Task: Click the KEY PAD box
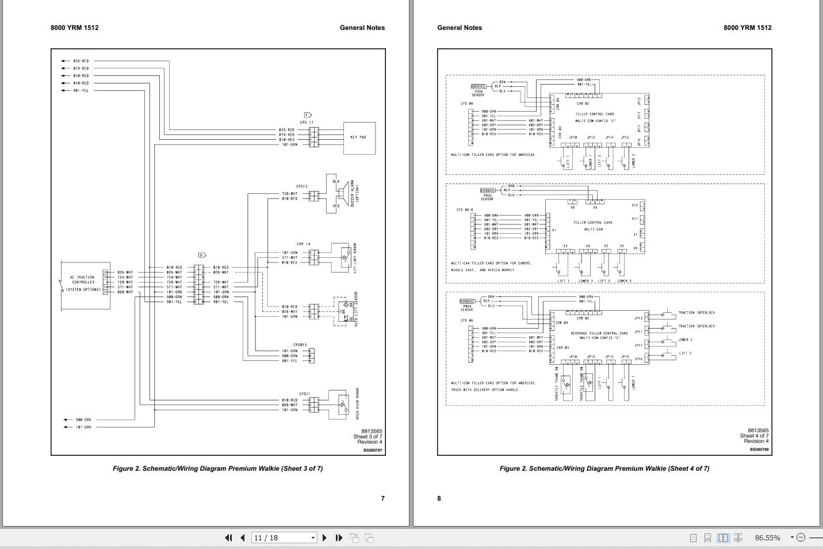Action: coord(359,138)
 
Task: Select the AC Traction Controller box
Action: coord(83,283)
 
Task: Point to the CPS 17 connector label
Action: coord(307,123)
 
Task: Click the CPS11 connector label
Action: coord(304,394)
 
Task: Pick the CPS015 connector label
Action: coord(300,345)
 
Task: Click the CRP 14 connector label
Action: coord(304,244)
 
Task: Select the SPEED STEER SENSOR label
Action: coord(357,403)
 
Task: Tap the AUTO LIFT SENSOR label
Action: coord(356,310)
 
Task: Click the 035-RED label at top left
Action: coord(81,61)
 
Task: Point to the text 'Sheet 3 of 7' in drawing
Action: coord(368,437)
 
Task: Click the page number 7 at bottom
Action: coord(383,498)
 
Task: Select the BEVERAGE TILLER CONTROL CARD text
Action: coord(599,333)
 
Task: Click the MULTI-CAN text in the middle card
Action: coord(594,229)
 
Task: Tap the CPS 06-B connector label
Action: coord(465,209)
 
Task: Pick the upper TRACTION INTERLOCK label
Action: coord(696,312)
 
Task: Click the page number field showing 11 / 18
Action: coord(281,537)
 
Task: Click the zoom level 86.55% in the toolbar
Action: coord(767,537)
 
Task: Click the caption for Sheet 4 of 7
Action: coord(604,468)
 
